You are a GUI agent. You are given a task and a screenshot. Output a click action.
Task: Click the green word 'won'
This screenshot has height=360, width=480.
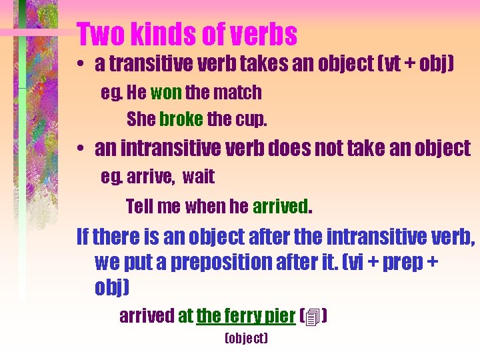(x=166, y=92)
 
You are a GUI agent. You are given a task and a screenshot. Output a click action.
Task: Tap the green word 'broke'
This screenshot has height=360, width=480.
(x=181, y=119)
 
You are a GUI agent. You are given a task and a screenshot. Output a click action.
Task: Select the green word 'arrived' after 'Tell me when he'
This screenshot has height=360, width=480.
(x=280, y=207)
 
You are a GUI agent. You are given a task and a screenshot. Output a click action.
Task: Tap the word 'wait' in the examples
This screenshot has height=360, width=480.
(x=198, y=177)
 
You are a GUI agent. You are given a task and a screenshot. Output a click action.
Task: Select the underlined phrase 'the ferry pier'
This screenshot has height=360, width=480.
(x=245, y=316)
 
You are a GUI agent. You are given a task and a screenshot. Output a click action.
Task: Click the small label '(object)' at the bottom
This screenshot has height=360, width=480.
(x=246, y=339)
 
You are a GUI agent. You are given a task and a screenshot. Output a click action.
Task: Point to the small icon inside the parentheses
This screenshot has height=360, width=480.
(x=314, y=317)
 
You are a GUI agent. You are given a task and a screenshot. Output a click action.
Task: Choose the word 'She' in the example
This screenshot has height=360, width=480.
(x=140, y=119)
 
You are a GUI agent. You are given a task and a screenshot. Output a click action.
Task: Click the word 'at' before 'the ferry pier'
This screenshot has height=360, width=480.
(x=185, y=316)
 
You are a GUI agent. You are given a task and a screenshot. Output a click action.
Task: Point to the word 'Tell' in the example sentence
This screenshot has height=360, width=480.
(x=139, y=207)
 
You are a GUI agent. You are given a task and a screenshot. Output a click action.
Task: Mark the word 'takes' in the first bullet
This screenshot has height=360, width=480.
(x=250, y=64)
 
